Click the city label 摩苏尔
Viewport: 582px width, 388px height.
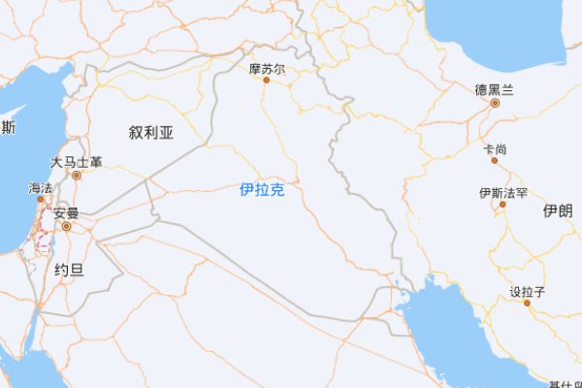click(267, 69)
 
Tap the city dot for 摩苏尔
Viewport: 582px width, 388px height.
click(267, 81)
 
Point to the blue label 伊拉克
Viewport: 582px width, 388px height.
click(262, 190)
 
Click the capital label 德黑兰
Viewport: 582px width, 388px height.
click(494, 89)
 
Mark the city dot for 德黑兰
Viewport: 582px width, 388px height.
click(494, 102)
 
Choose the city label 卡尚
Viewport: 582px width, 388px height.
click(494, 149)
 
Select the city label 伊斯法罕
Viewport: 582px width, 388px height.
click(503, 193)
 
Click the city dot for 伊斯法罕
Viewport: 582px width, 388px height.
click(503, 205)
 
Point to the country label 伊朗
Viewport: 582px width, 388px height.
click(558, 210)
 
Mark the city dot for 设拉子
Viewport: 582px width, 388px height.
click(527, 303)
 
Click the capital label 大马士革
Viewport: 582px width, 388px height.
click(77, 163)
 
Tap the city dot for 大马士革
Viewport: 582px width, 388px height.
click(77, 176)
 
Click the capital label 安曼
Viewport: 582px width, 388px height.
click(66, 213)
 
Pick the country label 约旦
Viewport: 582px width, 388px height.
click(68, 270)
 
